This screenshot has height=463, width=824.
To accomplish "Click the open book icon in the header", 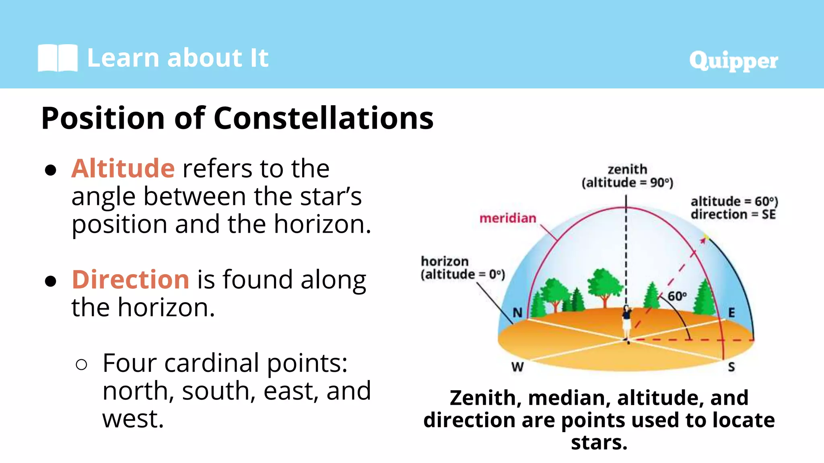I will click(58, 58).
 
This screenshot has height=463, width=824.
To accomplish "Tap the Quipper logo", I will click(733, 61).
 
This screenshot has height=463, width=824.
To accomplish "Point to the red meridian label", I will click(508, 218).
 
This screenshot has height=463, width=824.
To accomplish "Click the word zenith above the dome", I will click(627, 169).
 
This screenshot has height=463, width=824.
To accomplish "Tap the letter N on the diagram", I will click(517, 312).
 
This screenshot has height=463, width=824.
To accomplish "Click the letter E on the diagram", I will click(731, 312).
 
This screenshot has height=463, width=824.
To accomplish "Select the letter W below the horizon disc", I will click(517, 367).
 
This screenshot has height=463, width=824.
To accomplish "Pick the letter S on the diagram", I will click(731, 367).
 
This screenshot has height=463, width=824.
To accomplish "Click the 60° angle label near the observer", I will click(677, 296).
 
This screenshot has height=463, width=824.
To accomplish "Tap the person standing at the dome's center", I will click(626, 324).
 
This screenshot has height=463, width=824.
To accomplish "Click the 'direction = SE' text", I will click(733, 215).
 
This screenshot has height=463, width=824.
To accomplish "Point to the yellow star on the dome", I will click(705, 236).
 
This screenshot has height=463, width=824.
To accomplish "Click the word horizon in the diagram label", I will click(445, 261).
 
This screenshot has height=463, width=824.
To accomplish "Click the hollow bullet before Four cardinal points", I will click(81, 365).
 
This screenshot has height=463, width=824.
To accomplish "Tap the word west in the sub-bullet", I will click(133, 419).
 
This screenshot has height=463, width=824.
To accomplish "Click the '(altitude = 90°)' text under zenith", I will click(627, 183).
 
